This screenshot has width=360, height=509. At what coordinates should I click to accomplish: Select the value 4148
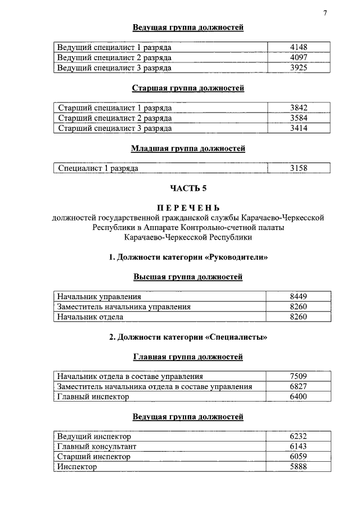(298, 47)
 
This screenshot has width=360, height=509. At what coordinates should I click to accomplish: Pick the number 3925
(298, 67)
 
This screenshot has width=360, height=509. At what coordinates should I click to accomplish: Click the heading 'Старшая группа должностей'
(188, 88)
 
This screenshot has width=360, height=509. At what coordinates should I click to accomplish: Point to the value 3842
(298, 108)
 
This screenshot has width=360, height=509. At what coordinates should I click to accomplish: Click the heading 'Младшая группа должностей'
(188, 148)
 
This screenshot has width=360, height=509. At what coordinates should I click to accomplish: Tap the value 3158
(298, 168)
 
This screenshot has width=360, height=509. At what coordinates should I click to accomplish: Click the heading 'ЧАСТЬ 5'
(188, 188)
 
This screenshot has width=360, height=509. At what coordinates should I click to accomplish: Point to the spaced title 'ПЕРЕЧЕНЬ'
(188, 208)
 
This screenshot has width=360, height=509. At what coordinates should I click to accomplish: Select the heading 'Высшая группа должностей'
(188, 277)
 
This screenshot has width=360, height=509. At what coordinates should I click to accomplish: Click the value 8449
(298, 296)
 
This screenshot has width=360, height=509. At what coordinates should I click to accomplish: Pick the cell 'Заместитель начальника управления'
(124, 307)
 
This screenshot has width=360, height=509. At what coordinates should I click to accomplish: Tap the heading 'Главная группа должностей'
(188, 357)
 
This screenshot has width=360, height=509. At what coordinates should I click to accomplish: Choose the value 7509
(298, 376)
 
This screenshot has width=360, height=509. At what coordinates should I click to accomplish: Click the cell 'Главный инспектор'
(93, 397)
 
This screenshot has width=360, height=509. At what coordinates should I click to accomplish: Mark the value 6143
(298, 447)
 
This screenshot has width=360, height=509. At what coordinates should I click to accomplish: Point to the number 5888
(298, 467)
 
